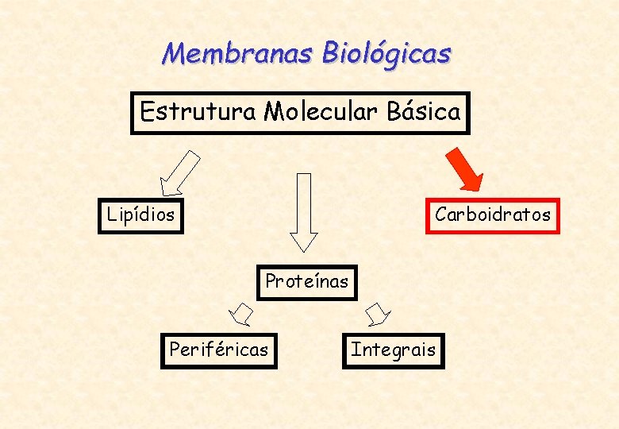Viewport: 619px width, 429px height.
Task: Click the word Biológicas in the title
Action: [386, 53]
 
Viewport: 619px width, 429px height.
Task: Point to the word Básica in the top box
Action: [423, 112]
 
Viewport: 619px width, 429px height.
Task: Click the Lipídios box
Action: [140, 214]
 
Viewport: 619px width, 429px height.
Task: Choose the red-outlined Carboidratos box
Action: [492, 214]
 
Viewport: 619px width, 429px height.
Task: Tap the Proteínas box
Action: [306, 281]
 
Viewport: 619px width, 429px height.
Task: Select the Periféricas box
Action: [218, 350]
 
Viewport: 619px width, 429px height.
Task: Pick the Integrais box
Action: [393, 350]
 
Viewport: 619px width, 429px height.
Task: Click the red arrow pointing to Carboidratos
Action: [465, 169]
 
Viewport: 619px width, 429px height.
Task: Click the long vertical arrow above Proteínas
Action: [304, 211]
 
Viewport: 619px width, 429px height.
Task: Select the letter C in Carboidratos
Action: [440, 214]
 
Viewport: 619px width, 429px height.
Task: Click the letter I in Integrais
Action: [355, 350]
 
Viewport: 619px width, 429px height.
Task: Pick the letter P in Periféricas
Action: [175, 350]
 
